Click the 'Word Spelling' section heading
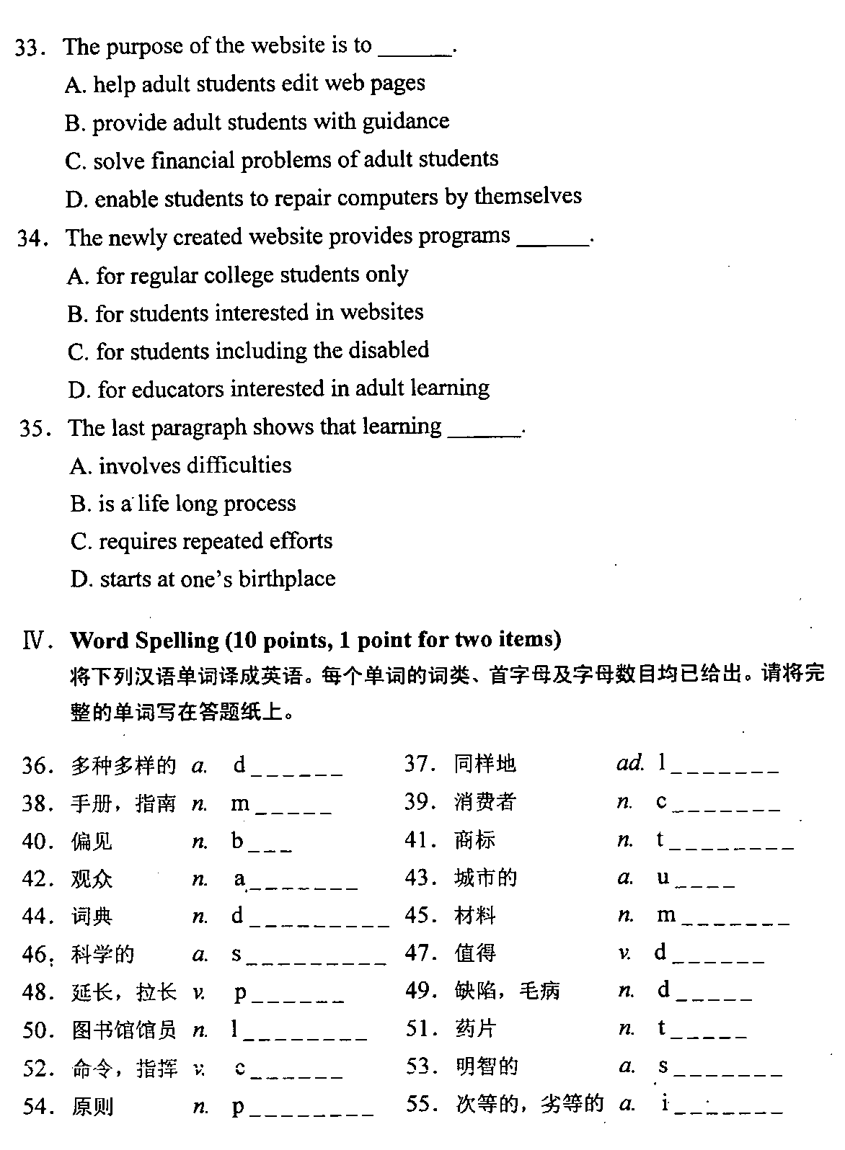pyautogui.click(x=144, y=640)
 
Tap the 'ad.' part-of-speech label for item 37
pyautogui.click(x=629, y=764)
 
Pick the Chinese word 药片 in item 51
pyautogui.click(x=475, y=1028)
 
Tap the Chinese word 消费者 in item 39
pyautogui.click(x=485, y=802)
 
